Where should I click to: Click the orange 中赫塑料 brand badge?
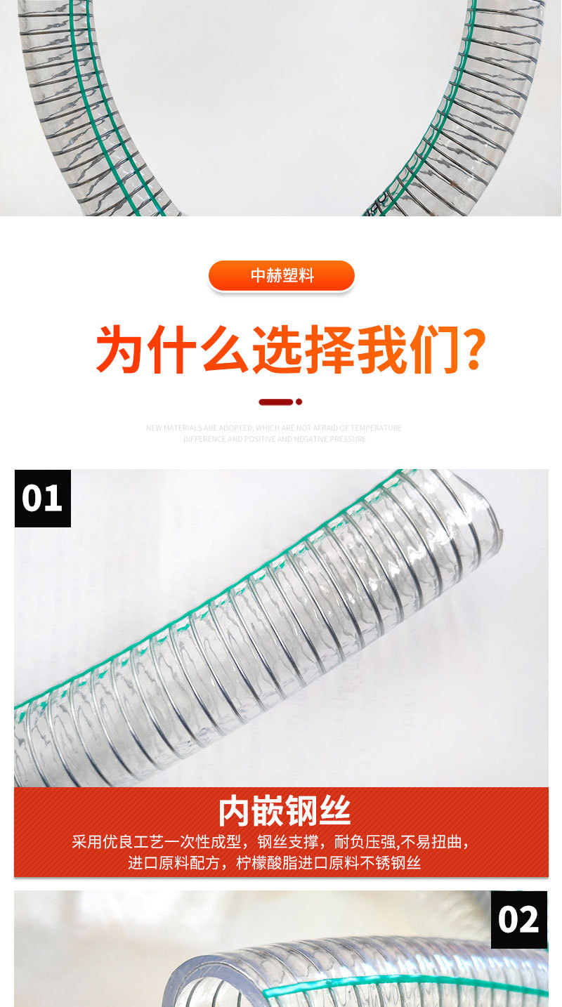282,275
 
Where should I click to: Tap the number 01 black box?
42,498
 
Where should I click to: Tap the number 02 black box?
518,919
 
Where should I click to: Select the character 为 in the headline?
120,349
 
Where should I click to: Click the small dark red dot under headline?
299,402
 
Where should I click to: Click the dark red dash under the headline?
275,402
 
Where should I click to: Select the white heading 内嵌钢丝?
284,811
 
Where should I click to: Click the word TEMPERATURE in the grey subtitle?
377,428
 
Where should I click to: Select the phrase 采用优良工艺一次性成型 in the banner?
156,841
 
